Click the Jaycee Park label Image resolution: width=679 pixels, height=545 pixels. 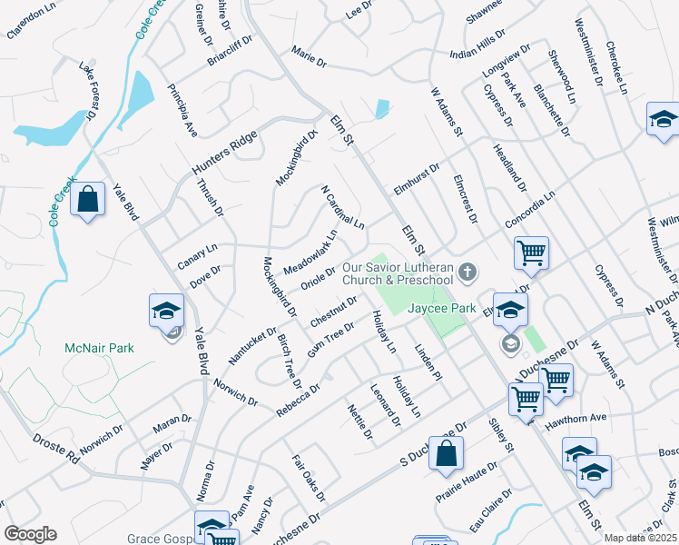click(x=442, y=309)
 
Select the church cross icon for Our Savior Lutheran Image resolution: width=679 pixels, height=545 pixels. click(x=467, y=272)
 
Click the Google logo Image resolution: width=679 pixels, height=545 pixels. click(x=30, y=534)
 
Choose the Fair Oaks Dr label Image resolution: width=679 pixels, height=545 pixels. click(x=310, y=479)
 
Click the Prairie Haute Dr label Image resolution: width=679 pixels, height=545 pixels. click(x=466, y=481)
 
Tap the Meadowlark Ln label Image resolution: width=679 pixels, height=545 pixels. click(x=310, y=253)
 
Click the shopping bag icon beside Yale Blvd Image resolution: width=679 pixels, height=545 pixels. click(x=88, y=201)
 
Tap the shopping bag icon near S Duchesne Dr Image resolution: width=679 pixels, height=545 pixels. click(x=446, y=454)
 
